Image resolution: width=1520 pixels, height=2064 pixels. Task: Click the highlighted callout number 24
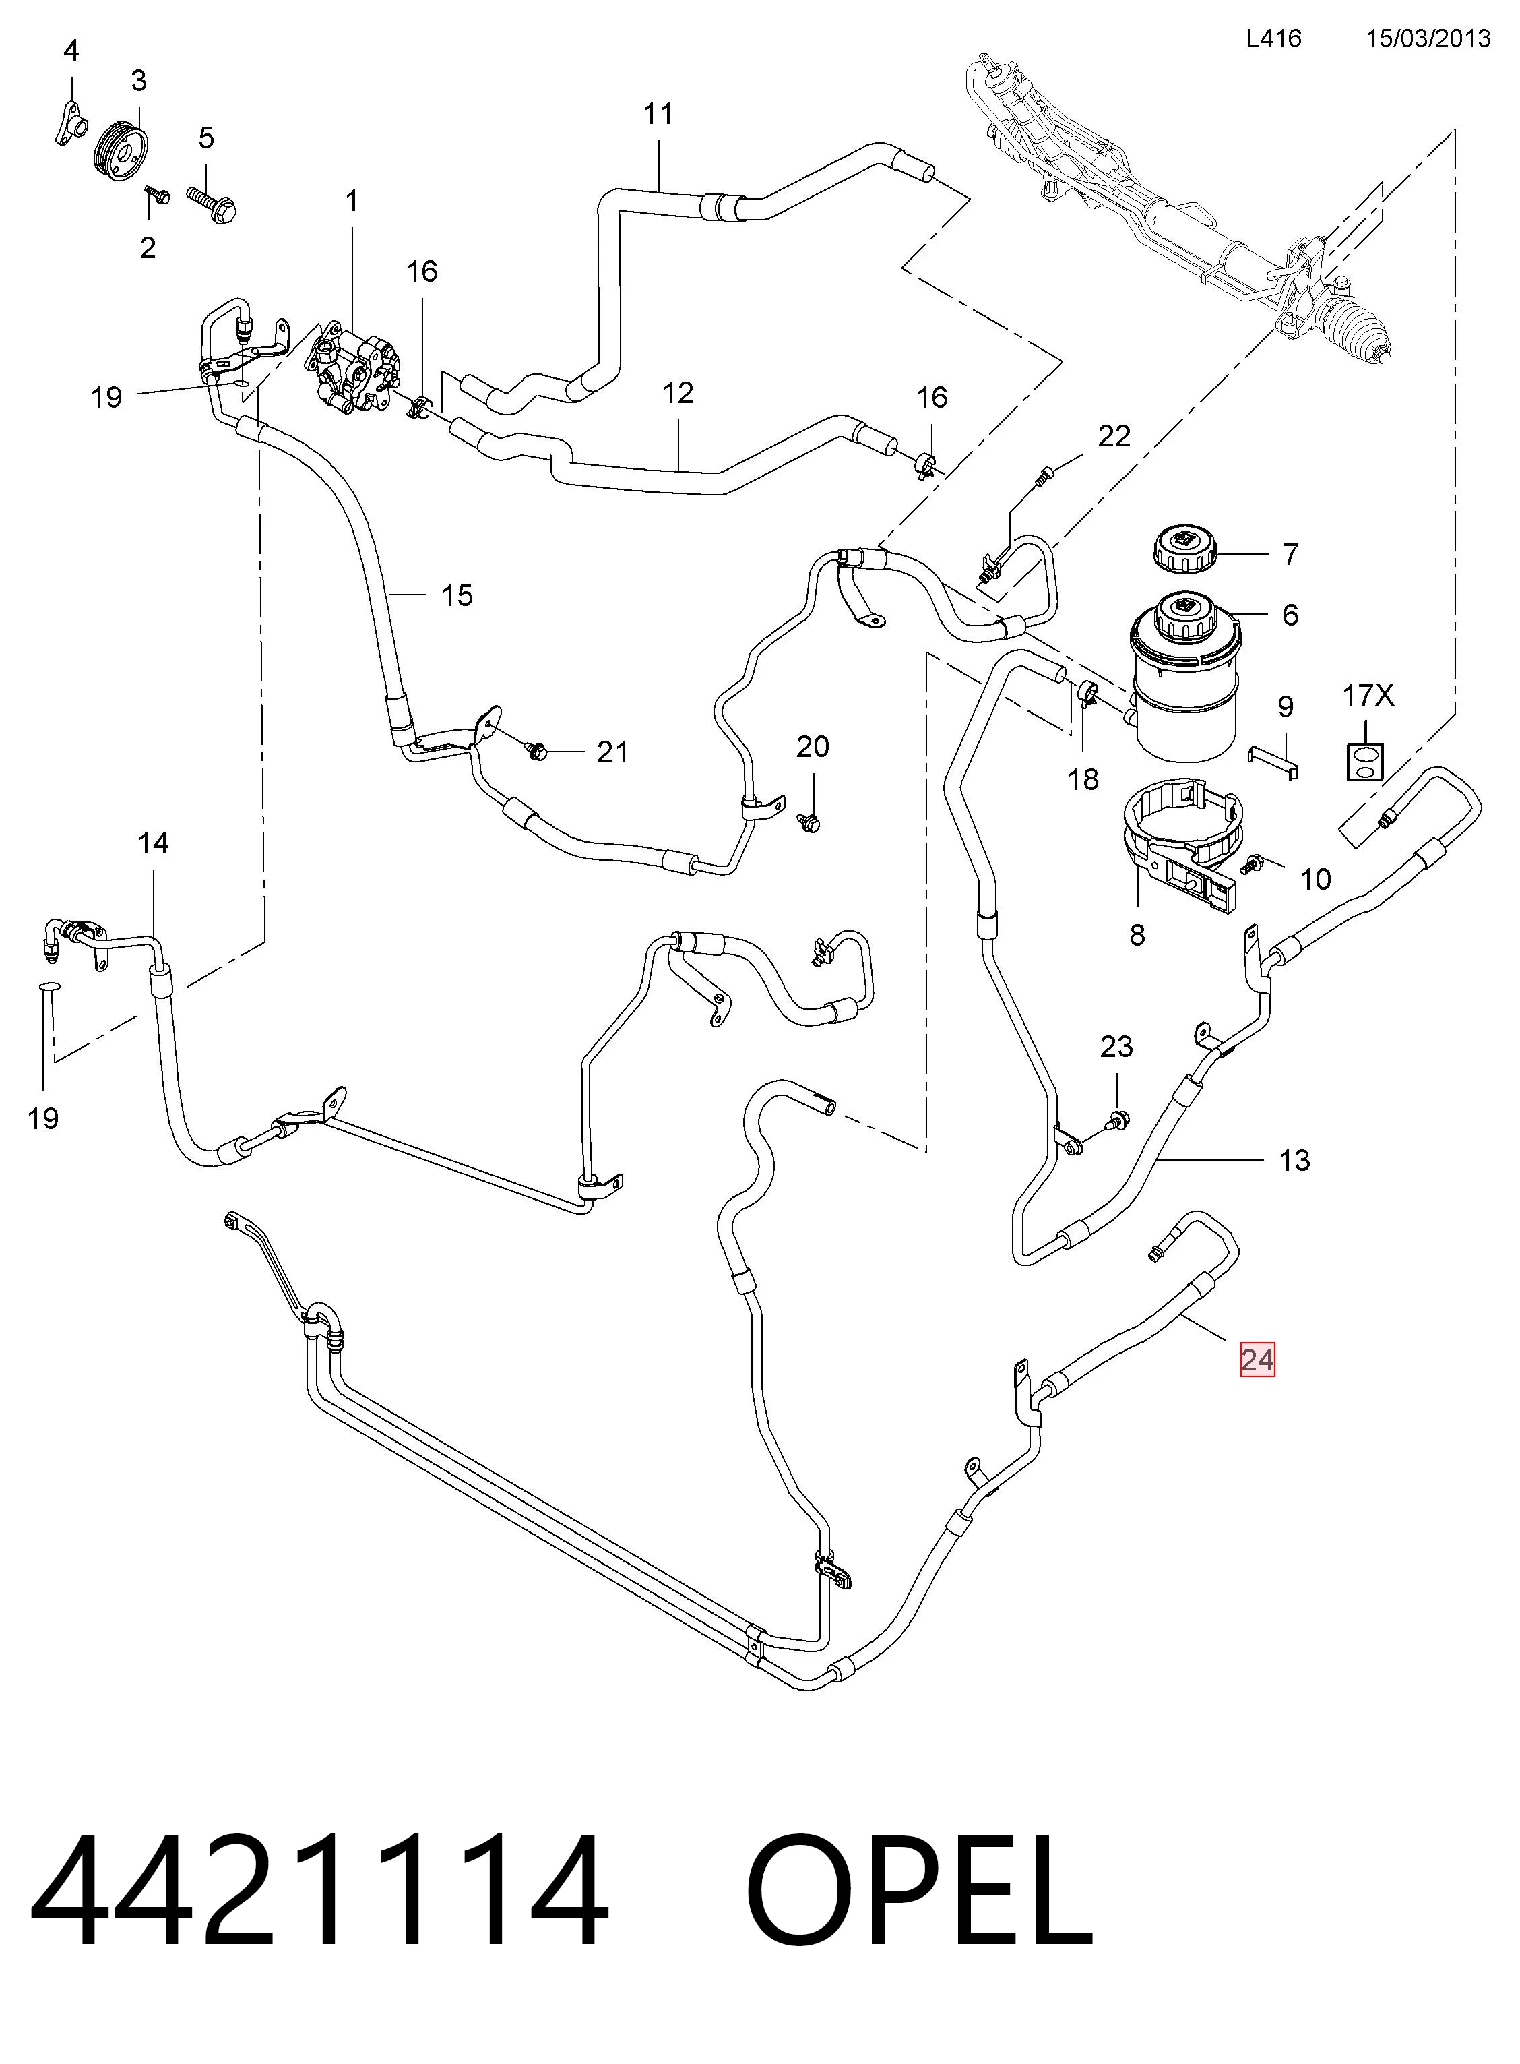(x=1257, y=1360)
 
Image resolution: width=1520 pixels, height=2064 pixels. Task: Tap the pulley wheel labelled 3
(x=124, y=148)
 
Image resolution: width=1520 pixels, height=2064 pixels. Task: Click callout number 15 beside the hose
(x=457, y=596)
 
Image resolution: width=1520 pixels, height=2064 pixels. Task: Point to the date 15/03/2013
(x=1428, y=38)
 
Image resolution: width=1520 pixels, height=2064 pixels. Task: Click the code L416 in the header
(x=1273, y=38)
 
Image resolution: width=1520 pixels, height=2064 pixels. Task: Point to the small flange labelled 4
(x=67, y=123)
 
